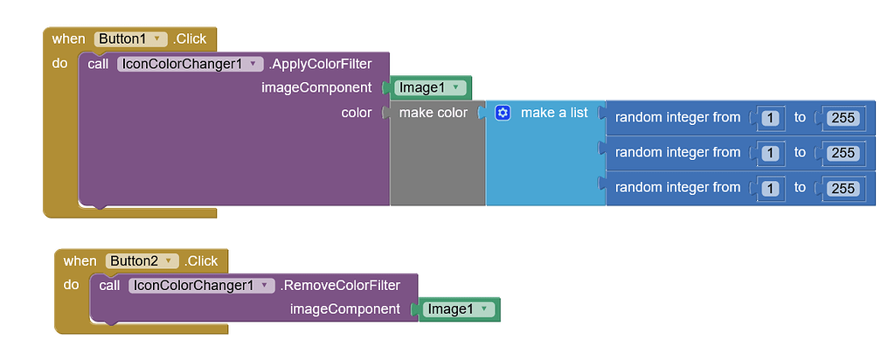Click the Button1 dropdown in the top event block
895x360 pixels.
[130, 39]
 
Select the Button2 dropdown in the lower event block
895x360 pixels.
[142, 261]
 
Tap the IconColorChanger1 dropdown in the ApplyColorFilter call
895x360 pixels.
[190, 64]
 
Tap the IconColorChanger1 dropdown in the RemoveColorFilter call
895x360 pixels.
[201, 286]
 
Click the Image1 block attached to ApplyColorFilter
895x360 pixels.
[427, 87]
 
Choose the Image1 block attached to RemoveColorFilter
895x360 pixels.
[457, 309]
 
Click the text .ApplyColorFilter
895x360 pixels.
[320, 64]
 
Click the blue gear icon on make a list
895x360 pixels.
[503, 113]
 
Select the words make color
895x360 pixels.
[433, 113]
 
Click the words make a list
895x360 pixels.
[554, 113]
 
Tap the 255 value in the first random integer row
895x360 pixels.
[843, 118]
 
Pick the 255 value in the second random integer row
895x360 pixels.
[843, 153]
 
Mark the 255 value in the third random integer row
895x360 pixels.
[843, 188]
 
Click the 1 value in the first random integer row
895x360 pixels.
[770, 118]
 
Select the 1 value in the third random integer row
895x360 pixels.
[770, 188]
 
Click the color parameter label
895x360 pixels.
[356, 113]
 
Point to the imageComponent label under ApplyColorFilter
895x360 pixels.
[316, 87]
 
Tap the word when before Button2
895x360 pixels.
[80, 261]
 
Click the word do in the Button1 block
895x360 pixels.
[59, 64]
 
